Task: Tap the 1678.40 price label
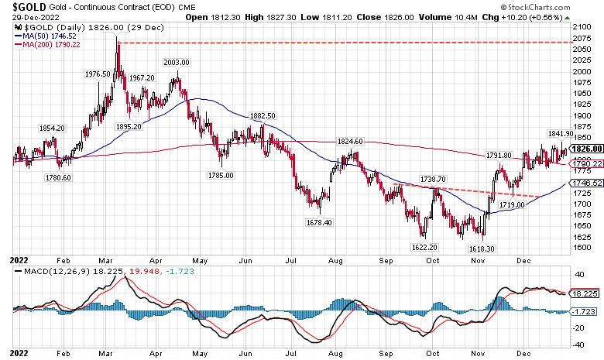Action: point(318,222)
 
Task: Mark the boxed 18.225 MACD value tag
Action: point(584,294)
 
